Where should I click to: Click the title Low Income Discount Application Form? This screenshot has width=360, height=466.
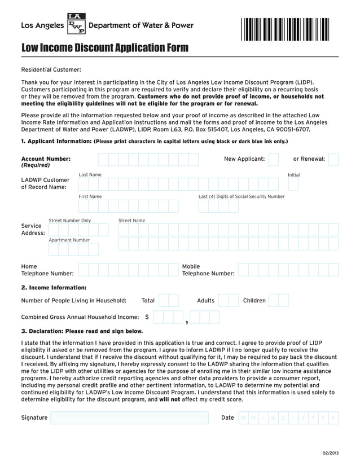click(105, 48)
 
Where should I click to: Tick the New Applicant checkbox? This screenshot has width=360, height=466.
click(273, 160)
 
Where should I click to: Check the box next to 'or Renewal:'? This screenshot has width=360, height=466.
click(333, 160)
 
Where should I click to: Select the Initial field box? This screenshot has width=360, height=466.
click(293, 184)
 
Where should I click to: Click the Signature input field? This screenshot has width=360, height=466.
click(129, 418)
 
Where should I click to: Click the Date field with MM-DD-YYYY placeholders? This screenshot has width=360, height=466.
click(288, 418)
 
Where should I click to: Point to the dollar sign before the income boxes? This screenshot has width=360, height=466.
click(147, 317)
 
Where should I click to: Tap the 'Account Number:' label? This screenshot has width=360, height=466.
click(46, 159)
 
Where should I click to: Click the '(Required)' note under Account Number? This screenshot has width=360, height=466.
click(36, 166)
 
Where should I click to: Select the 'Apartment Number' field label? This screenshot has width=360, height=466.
click(69, 240)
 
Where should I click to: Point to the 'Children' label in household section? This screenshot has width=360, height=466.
click(254, 301)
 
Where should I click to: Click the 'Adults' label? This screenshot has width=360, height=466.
click(205, 301)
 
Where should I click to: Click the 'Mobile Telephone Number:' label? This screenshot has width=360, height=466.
click(208, 270)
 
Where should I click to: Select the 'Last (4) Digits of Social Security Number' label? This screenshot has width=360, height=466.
click(242, 197)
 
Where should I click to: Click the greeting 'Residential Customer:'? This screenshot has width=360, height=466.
click(51, 70)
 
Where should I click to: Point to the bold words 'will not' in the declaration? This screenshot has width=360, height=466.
click(169, 399)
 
